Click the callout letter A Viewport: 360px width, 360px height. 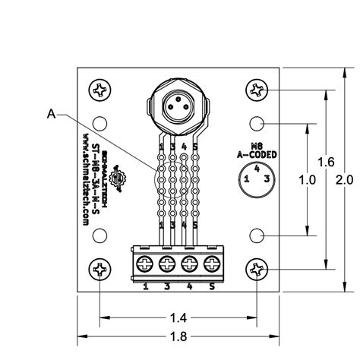tap(51, 115)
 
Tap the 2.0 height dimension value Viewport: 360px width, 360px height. tap(344, 181)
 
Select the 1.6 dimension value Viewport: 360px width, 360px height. tap(326, 163)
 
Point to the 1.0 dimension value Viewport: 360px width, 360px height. tap(307, 181)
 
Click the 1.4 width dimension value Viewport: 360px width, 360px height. tap(180, 316)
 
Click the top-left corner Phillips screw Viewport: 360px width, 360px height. tap(101, 91)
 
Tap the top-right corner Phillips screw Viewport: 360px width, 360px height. tap(258, 91)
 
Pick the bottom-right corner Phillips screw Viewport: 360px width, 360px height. tap(258, 268)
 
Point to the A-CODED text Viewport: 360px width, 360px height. tap(257, 154)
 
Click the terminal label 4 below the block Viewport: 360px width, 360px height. tap(188, 286)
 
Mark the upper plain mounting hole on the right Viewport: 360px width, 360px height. tap(258, 122)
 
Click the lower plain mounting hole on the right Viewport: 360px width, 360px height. tap(258, 237)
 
